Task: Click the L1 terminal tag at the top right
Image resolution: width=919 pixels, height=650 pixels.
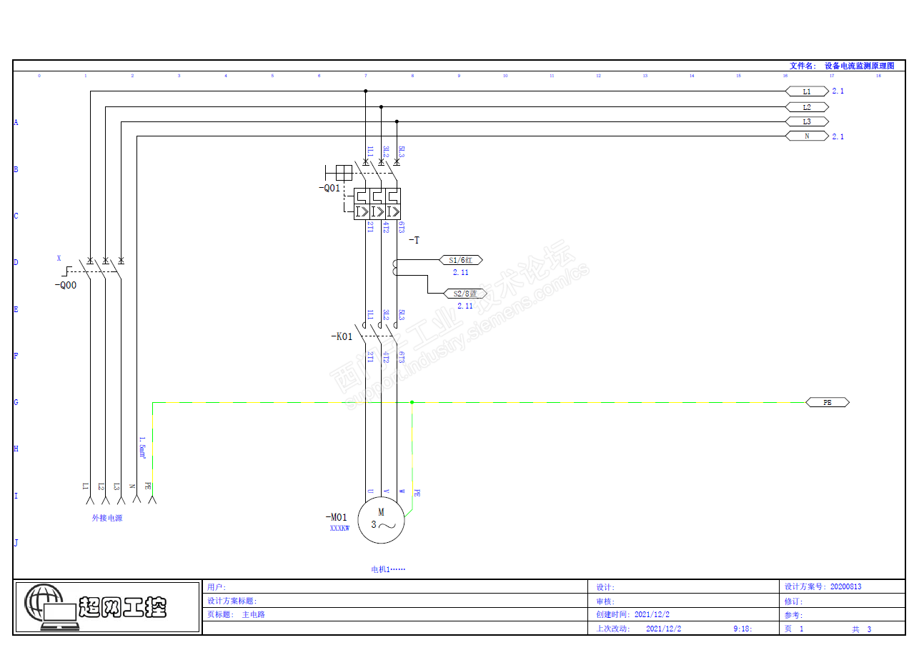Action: coord(807,91)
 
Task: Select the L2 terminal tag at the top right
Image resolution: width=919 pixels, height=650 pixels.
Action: coord(807,107)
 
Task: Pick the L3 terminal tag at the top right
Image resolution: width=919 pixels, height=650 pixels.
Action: coord(807,121)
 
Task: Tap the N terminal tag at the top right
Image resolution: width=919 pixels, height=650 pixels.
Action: coord(807,136)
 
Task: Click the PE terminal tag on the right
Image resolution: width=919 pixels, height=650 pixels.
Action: coord(828,403)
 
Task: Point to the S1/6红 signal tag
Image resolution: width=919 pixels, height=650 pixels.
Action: coord(461,261)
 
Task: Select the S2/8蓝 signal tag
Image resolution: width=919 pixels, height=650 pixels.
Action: coord(465,294)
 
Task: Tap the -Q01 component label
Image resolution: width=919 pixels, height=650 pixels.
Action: coord(329,189)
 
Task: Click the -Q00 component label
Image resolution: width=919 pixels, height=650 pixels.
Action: coord(66,284)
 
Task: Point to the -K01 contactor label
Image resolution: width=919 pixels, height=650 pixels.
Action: coord(342,336)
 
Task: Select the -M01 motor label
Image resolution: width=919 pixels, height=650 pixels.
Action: coord(336,517)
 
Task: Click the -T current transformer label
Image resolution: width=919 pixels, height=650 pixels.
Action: coord(414,241)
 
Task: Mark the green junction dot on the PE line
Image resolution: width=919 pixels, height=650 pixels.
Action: coord(412,403)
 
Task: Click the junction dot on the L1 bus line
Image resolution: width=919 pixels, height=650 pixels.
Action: coord(366,91)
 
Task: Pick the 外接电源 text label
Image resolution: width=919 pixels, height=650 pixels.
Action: coord(107,518)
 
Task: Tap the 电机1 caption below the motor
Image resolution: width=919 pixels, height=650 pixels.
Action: coord(388,569)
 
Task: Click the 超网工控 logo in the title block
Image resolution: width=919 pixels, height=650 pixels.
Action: coord(107,607)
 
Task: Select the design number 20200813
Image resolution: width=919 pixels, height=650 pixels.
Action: coord(845,587)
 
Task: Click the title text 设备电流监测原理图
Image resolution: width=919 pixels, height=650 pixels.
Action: coord(859,66)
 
